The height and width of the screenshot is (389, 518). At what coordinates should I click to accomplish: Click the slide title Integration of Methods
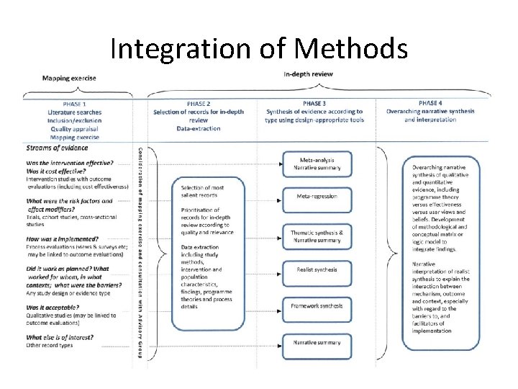pyautogui.click(x=259, y=48)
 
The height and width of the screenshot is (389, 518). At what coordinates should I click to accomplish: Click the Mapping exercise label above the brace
pyautogui.click(x=69, y=78)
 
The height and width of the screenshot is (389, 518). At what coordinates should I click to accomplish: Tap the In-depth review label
pyautogui.click(x=307, y=74)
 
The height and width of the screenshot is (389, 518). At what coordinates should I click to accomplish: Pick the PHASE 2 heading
pyautogui.click(x=198, y=104)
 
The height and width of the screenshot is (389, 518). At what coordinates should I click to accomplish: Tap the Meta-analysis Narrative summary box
pyautogui.click(x=317, y=164)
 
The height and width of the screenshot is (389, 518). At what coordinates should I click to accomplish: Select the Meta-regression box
pyautogui.click(x=317, y=196)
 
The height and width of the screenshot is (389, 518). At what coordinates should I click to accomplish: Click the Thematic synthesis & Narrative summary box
pyautogui.click(x=317, y=236)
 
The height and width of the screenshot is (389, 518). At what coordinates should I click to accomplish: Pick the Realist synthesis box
pyautogui.click(x=317, y=269)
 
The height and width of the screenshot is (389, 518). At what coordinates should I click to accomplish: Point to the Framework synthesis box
pyautogui.click(x=317, y=305)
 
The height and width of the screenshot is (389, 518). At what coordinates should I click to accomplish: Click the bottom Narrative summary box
pyautogui.click(x=317, y=342)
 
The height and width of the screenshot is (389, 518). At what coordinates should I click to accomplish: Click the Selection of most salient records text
pyautogui.click(x=203, y=192)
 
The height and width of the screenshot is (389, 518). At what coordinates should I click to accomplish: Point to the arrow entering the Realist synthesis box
pyautogui.click(x=276, y=271)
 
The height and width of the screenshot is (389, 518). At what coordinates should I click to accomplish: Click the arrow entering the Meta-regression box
pyautogui.click(x=276, y=197)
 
